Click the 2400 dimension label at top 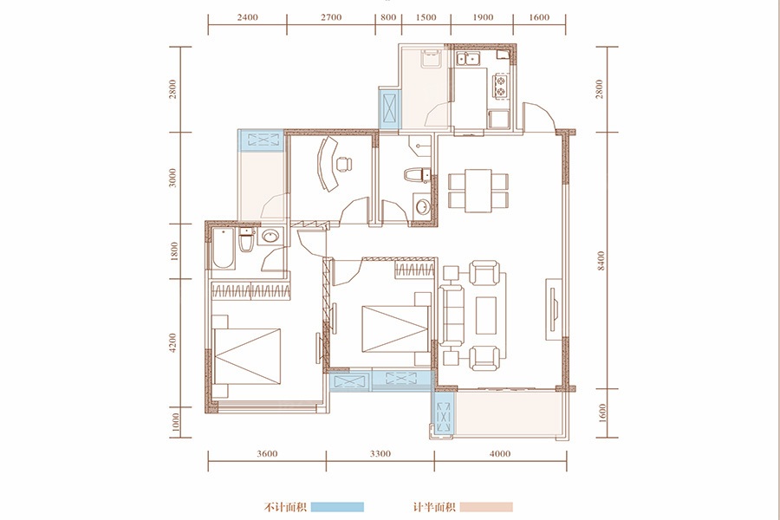point(247,17)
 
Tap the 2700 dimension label point(331,17)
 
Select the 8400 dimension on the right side point(601,260)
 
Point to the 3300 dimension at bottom point(380,454)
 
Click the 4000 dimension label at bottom point(500,454)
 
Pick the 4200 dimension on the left point(172,343)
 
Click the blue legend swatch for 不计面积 point(337,507)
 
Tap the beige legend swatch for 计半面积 point(486,507)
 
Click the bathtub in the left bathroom point(224,249)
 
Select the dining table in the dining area point(478,190)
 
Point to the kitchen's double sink point(468,59)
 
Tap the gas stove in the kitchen point(500,85)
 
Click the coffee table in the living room point(486,315)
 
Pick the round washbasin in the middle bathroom point(423,206)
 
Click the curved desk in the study point(328,164)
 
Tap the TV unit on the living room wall point(554,309)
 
